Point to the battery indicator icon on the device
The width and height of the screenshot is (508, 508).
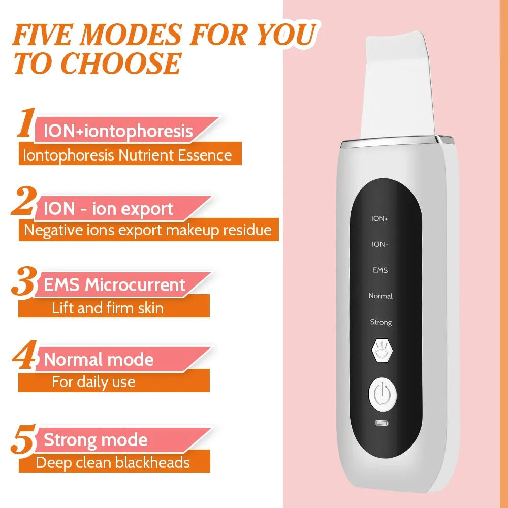point(380,423)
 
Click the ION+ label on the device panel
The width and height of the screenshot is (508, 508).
point(380,219)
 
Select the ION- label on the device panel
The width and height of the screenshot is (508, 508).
point(380,244)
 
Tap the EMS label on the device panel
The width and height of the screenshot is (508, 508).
point(380,270)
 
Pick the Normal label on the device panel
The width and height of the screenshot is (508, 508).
point(380,296)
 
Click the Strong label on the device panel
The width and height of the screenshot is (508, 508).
point(380,322)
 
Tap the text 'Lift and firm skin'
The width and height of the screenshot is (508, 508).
point(108,308)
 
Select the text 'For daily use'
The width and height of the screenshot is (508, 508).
point(93,382)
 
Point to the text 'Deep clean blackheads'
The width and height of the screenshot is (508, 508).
point(113,462)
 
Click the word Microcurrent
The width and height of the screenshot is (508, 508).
point(135,285)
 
